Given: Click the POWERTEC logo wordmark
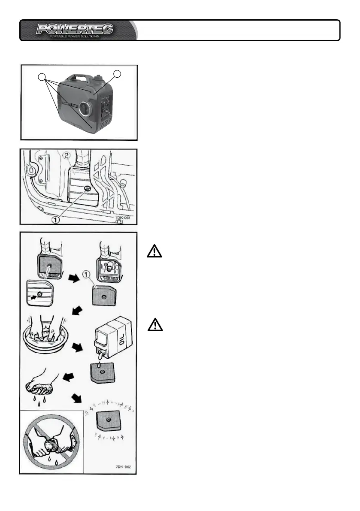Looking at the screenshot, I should [75, 29].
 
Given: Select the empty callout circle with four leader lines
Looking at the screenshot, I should [42, 77].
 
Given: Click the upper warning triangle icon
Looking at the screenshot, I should [155, 251].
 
